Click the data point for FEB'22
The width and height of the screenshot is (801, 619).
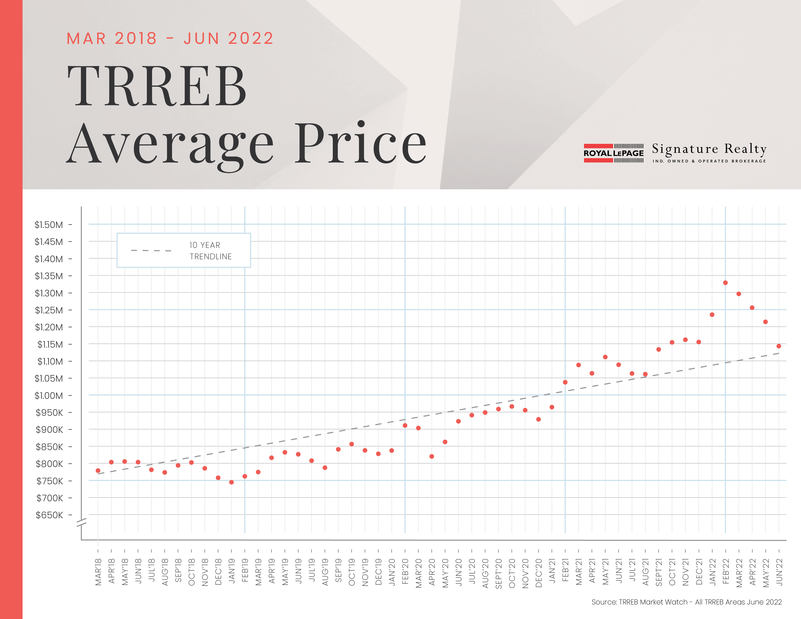pos(725,283)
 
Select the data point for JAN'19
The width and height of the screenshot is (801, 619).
pos(231,482)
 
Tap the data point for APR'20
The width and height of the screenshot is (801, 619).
pos(432,457)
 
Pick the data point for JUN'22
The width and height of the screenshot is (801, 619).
pos(779,346)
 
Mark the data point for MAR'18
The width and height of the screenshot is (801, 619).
pos(98,470)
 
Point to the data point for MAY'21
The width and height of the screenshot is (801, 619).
pos(605,357)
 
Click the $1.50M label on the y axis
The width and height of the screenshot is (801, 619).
pos(49,225)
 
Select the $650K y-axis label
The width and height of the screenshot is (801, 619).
pos(50,515)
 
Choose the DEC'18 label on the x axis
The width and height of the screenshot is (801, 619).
pos(218,572)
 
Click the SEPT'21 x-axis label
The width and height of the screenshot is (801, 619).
pos(659,573)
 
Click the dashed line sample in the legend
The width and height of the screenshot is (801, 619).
pos(151,251)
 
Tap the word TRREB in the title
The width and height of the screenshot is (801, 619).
pos(157,87)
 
